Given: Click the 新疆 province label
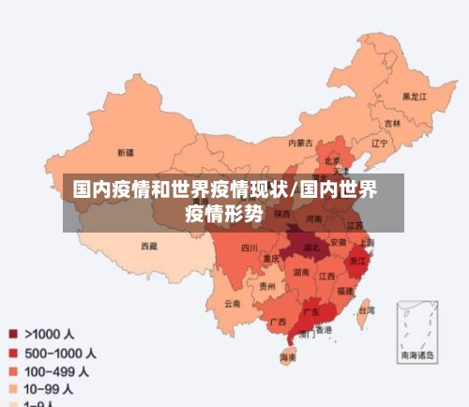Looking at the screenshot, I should tap(126, 152).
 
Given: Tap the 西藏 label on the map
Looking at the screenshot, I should tap(149, 246).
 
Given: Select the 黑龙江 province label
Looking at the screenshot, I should tap(415, 97).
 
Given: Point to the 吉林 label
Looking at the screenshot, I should tap(392, 123).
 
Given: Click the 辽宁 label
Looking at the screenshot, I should tap(379, 144).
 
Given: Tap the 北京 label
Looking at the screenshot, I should tap(333, 160).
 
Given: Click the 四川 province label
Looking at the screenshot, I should tap(249, 249).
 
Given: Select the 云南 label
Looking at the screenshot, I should tap(233, 303).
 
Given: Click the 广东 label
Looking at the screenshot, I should tap(311, 310).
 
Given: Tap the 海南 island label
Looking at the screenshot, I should tap(289, 357).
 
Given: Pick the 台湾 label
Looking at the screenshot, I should tap(367, 309).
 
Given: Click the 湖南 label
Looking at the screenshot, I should tap(301, 272).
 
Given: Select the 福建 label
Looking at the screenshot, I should tap(346, 292).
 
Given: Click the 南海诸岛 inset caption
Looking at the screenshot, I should tap(417, 355).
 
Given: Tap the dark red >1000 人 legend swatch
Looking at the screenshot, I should tap(14, 334).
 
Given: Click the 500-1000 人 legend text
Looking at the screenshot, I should tap(60, 354).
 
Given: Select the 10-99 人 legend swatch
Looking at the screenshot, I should tap(14, 388).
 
